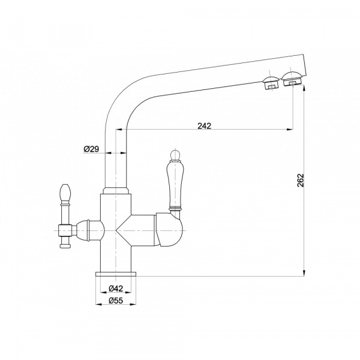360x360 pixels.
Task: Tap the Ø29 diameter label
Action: pyautogui.click(x=92, y=148)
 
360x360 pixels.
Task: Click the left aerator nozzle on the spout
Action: pyautogui.click(x=270, y=83)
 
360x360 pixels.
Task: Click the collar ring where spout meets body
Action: pyautogui.click(x=116, y=191)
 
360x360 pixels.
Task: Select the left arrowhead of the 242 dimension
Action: pyautogui.click(x=128, y=130)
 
